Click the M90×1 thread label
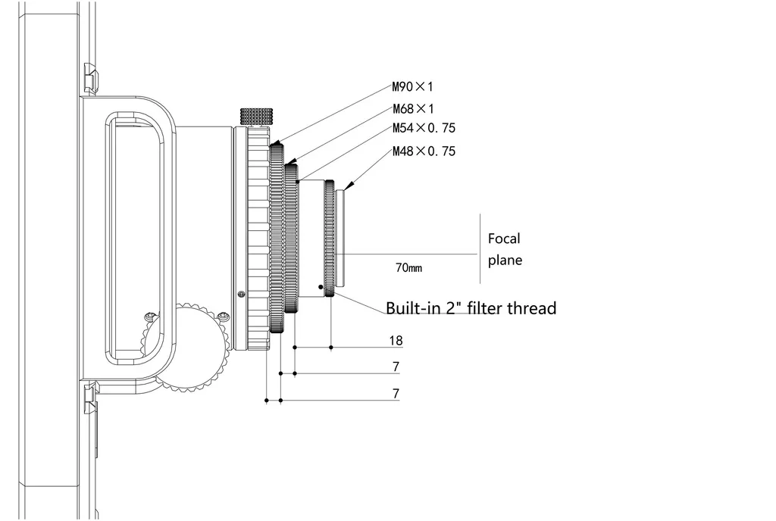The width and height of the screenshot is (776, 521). coord(412,87)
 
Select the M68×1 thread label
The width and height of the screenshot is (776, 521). coord(413,109)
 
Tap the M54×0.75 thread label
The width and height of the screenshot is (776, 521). coord(424,128)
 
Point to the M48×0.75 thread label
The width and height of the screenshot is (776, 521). coord(424,151)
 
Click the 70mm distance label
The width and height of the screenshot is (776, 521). coord(408,268)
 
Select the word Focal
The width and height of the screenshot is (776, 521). coord(504,239)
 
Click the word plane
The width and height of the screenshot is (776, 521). coord(505,260)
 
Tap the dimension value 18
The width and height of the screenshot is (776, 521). coord(396,341)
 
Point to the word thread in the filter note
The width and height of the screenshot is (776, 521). coord(533,308)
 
